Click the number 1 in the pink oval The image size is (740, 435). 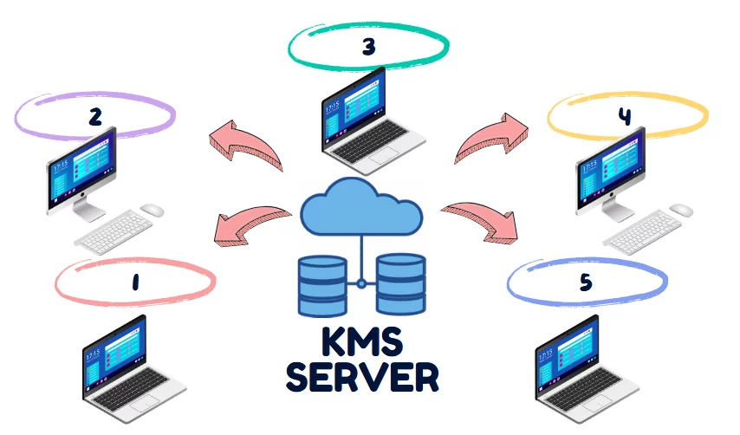click(135, 282)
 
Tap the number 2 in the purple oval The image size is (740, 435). click(95, 116)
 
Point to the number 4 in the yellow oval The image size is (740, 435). click(624, 117)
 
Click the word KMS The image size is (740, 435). click(361, 341)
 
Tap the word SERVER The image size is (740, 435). click(361, 379)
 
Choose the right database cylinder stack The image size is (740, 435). click(400, 284)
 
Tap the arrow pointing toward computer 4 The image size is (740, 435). click(486, 139)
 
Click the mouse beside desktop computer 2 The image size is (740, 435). click(153, 209)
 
